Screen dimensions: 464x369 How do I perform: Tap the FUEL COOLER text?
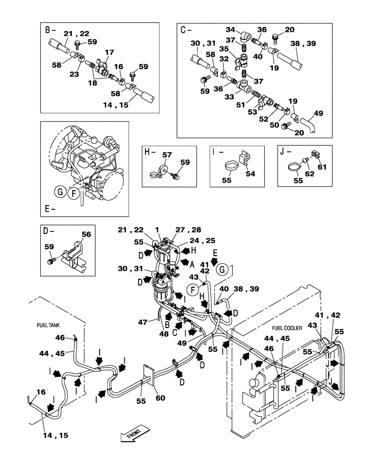(287, 328)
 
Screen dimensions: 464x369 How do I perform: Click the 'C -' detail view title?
(185, 30)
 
